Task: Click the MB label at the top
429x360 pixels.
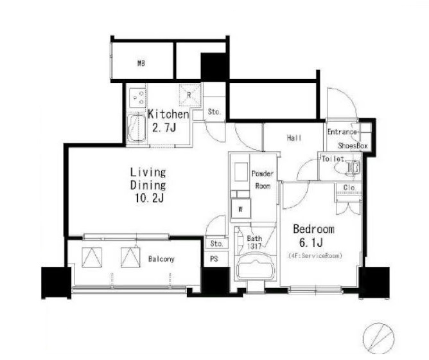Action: pyautogui.click(x=141, y=64)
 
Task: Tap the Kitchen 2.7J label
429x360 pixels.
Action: pyautogui.click(x=168, y=121)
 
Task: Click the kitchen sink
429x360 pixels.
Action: pyautogui.click(x=137, y=128)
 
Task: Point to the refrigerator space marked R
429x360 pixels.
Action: pyautogui.click(x=190, y=95)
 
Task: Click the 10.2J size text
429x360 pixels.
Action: pyautogui.click(x=149, y=198)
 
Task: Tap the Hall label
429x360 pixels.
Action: pyautogui.click(x=294, y=138)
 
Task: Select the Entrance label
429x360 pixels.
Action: pyautogui.click(x=342, y=132)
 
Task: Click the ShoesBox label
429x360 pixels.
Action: pyautogui.click(x=353, y=146)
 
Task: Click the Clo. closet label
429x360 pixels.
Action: pyautogui.click(x=349, y=188)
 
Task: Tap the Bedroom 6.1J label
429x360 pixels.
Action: pyautogui.click(x=313, y=235)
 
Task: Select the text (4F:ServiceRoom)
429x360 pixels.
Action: pyautogui.click(x=315, y=256)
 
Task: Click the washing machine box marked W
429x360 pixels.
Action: pyautogui.click(x=240, y=209)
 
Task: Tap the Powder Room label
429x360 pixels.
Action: pyautogui.click(x=263, y=180)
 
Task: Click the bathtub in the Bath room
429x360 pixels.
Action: pyautogui.click(x=255, y=267)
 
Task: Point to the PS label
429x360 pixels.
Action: pyautogui.click(x=214, y=259)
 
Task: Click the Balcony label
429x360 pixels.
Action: pyautogui.click(x=161, y=259)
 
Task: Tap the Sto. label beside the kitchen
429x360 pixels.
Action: pyautogui.click(x=214, y=112)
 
